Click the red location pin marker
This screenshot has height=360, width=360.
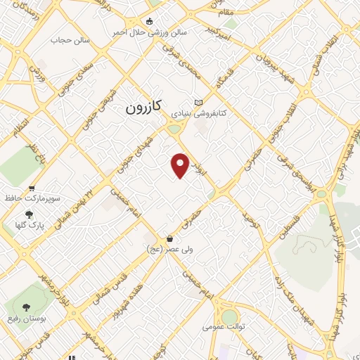click(181, 165)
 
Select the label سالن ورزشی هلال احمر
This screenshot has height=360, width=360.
click(150, 32)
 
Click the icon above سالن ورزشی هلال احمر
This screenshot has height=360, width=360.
click(150, 21)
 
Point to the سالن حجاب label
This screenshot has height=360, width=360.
click(70, 40)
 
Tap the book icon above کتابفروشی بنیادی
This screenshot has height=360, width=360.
click(198, 102)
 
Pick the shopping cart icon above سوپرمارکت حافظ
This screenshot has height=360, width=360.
click(32, 188)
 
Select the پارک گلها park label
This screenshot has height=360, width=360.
click(29, 226)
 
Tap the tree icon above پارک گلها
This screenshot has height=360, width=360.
click(29, 214)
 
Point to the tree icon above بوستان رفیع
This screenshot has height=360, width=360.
click(26, 307)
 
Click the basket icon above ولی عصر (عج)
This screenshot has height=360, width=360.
click(169, 238)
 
